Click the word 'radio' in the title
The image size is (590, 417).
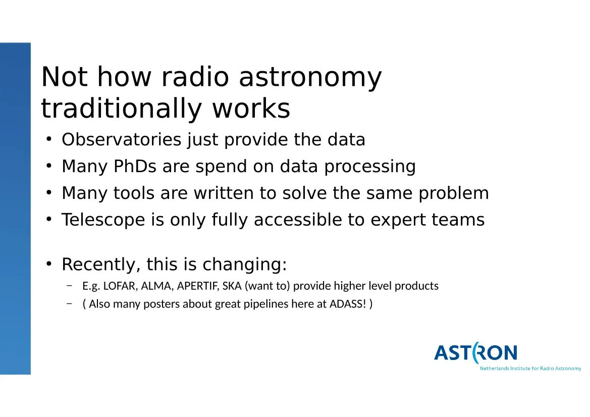pos(195,77)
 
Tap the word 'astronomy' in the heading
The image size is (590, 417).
pos(310,78)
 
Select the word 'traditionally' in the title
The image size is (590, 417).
pos(122,109)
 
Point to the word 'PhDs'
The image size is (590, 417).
pos(135,167)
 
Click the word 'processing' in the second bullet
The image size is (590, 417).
pos(370,167)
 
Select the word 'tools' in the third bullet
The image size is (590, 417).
pos(134,193)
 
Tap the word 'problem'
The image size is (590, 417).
pos(453,194)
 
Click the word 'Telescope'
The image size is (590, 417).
pos(103,220)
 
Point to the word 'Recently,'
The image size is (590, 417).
pos(101,265)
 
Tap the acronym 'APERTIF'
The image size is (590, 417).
pos(197,286)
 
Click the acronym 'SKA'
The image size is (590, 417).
pos(232,286)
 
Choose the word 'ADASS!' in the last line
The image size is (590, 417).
pos(348,304)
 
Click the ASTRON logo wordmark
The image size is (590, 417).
pos(475,353)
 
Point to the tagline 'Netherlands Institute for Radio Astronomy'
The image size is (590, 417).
pos(530,369)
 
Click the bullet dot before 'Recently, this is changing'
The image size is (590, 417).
pos(49,264)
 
